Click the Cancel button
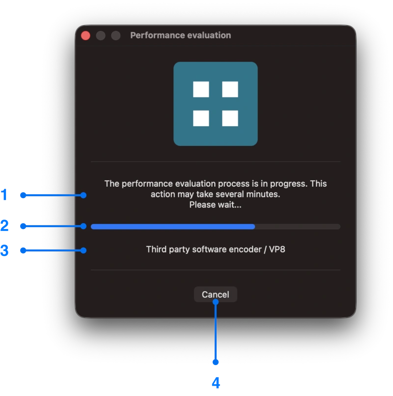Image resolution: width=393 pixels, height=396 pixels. pyautogui.click(x=215, y=294)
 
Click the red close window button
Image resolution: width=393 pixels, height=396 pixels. pyautogui.click(x=85, y=35)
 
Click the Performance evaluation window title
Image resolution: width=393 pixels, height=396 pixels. pyautogui.click(x=180, y=35)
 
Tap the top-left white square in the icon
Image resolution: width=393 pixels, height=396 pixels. pyautogui.click(x=201, y=89)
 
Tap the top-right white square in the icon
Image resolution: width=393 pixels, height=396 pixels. pyautogui.click(x=230, y=89)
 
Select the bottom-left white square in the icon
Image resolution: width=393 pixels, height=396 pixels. pyautogui.click(x=201, y=118)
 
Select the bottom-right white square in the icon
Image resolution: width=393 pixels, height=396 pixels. pyautogui.click(x=230, y=118)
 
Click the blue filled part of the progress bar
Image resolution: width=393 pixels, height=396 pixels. pyautogui.click(x=172, y=226)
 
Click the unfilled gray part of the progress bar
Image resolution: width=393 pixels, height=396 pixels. pyautogui.click(x=297, y=226)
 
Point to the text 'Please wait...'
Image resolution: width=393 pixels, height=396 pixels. pyautogui.click(x=215, y=205)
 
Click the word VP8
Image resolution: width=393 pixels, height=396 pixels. pyautogui.click(x=277, y=249)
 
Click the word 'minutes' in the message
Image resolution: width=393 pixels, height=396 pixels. pyautogui.click(x=265, y=194)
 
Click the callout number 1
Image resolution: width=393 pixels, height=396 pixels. pyautogui.click(x=4, y=195)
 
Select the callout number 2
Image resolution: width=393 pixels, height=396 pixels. pyautogui.click(x=4, y=226)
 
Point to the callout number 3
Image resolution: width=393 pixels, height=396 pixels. pyautogui.click(x=4, y=251)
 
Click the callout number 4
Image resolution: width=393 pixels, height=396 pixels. pyautogui.click(x=215, y=382)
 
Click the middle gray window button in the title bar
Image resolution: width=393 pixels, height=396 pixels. pyautogui.click(x=101, y=35)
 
